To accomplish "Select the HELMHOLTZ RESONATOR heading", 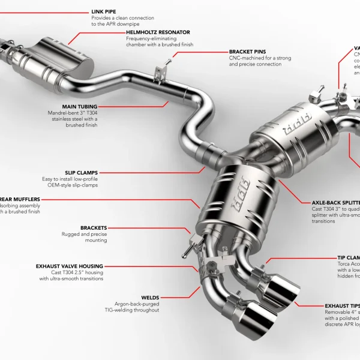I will (158, 32).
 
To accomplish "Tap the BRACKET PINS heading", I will (247, 52).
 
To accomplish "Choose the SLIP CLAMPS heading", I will (82, 172).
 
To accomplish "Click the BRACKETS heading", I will (94, 228).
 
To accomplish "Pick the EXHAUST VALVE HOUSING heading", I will (69, 266).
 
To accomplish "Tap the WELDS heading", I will (151, 297).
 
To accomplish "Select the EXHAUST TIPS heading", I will (343, 305).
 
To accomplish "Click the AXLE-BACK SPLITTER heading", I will (336, 203).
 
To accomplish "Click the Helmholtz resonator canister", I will (66, 58).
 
